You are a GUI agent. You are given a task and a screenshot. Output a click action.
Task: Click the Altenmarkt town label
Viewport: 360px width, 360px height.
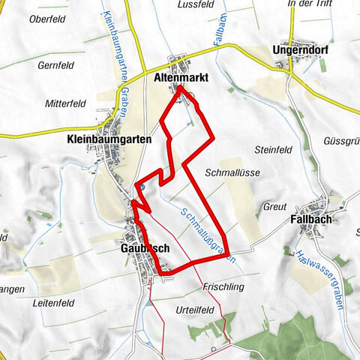pyautogui.click(x=180, y=77)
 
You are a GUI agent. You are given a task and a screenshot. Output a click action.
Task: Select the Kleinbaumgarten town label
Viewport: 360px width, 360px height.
pyautogui.click(x=109, y=139)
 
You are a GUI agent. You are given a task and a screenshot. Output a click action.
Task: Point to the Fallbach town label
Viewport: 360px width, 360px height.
pyautogui.click(x=310, y=220)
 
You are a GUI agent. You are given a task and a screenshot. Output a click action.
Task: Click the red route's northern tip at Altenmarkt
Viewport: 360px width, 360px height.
pyautogui.click(x=180, y=88)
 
